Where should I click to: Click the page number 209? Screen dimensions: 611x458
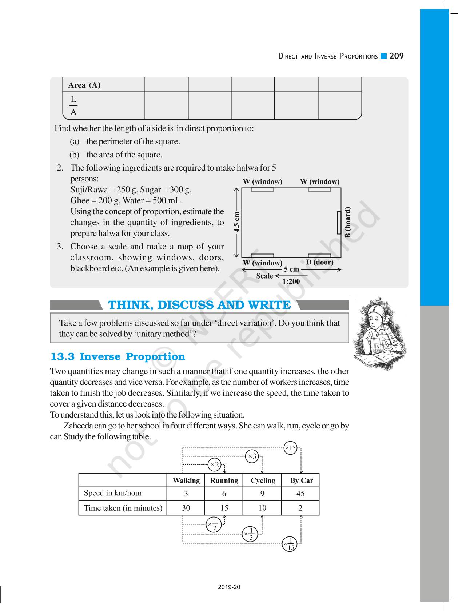[397, 56]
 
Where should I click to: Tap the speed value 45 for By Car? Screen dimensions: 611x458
[300, 494]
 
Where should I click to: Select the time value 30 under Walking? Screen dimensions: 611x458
[186, 508]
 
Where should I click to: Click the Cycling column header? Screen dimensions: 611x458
[263, 480]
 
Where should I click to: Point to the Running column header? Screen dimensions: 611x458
[224, 480]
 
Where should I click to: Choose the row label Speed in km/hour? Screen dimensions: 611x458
[113, 493]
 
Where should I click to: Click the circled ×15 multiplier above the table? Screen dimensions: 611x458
[290, 448]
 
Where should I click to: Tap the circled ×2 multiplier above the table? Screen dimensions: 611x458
[214, 464]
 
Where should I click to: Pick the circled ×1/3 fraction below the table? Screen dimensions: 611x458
[250, 534]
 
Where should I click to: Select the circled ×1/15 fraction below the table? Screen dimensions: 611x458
[290, 544]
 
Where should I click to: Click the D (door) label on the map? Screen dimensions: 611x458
[319, 262]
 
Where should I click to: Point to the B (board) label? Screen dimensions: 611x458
[348, 222]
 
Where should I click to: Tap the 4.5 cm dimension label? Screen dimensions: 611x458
[236, 222]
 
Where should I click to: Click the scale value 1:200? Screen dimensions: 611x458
[291, 281]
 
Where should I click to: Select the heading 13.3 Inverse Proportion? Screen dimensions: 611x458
[118, 357]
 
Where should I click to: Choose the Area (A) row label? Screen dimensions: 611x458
[84, 85]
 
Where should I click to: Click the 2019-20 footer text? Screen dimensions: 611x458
[229, 587]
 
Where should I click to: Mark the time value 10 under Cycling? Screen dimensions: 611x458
[262, 508]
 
